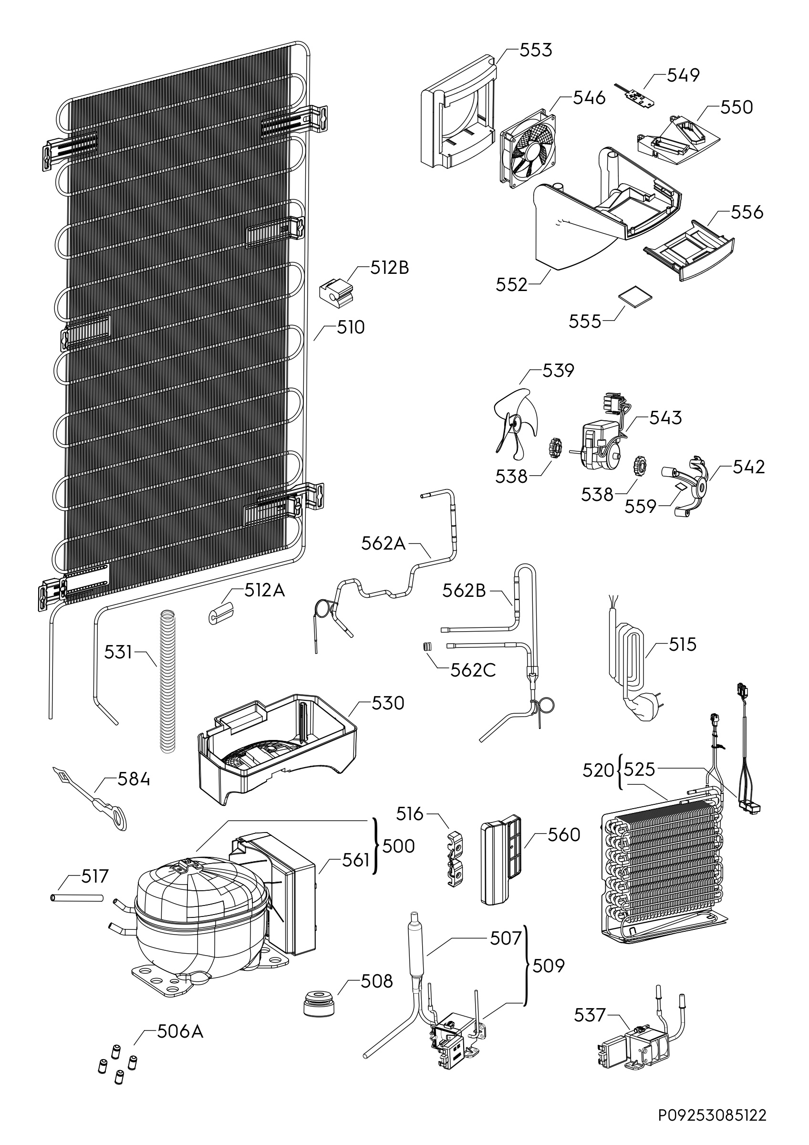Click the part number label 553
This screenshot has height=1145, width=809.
536,50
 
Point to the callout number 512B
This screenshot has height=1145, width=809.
389,268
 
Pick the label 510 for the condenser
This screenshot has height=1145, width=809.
351,328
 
